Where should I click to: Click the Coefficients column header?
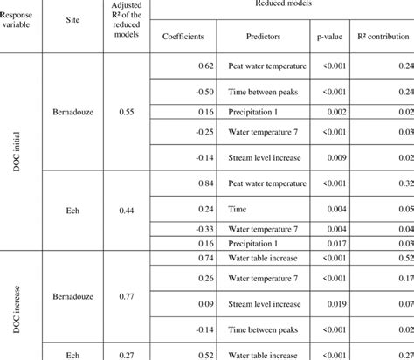(183, 36)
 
